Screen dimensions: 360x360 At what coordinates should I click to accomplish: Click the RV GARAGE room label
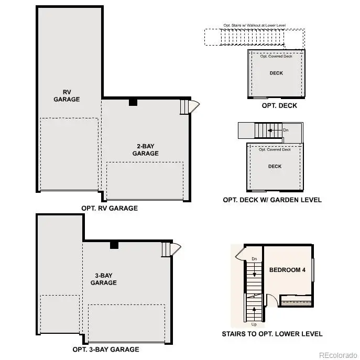pyautogui.click(x=67, y=95)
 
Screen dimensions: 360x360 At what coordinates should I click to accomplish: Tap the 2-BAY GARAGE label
pyautogui.click(x=145, y=150)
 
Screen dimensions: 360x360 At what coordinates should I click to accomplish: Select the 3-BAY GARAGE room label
pyautogui.click(x=103, y=279)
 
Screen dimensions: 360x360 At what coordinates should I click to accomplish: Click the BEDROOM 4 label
pyautogui.click(x=287, y=270)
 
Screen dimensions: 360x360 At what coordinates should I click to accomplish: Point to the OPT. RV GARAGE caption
pyautogui.click(x=110, y=208)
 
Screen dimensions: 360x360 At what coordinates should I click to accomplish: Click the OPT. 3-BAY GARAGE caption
pyautogui.click(x=106, y=350)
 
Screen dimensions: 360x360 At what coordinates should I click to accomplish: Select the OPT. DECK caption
pyautogui.click(x=279, y=105)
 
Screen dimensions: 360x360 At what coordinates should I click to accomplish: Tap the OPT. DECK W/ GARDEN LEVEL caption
pyautogui.click(x=272, y=200)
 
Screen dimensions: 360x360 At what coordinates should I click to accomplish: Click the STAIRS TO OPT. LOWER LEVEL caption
pyautogui.click(x=272, y=334)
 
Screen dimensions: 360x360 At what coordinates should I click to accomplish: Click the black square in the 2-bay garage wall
pyautogui.click(x=133, y=102)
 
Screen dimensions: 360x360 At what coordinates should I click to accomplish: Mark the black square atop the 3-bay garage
pyautogui.click(x=114, y=245)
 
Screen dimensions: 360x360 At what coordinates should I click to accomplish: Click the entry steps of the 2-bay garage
pyautogui.click(x=184, y=106)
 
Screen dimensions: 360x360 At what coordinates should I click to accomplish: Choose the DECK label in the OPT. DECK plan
pyautogui.click(x=276, y=73)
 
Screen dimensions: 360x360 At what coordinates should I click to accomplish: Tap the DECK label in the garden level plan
pyautogui.click(x=275, y=166)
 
